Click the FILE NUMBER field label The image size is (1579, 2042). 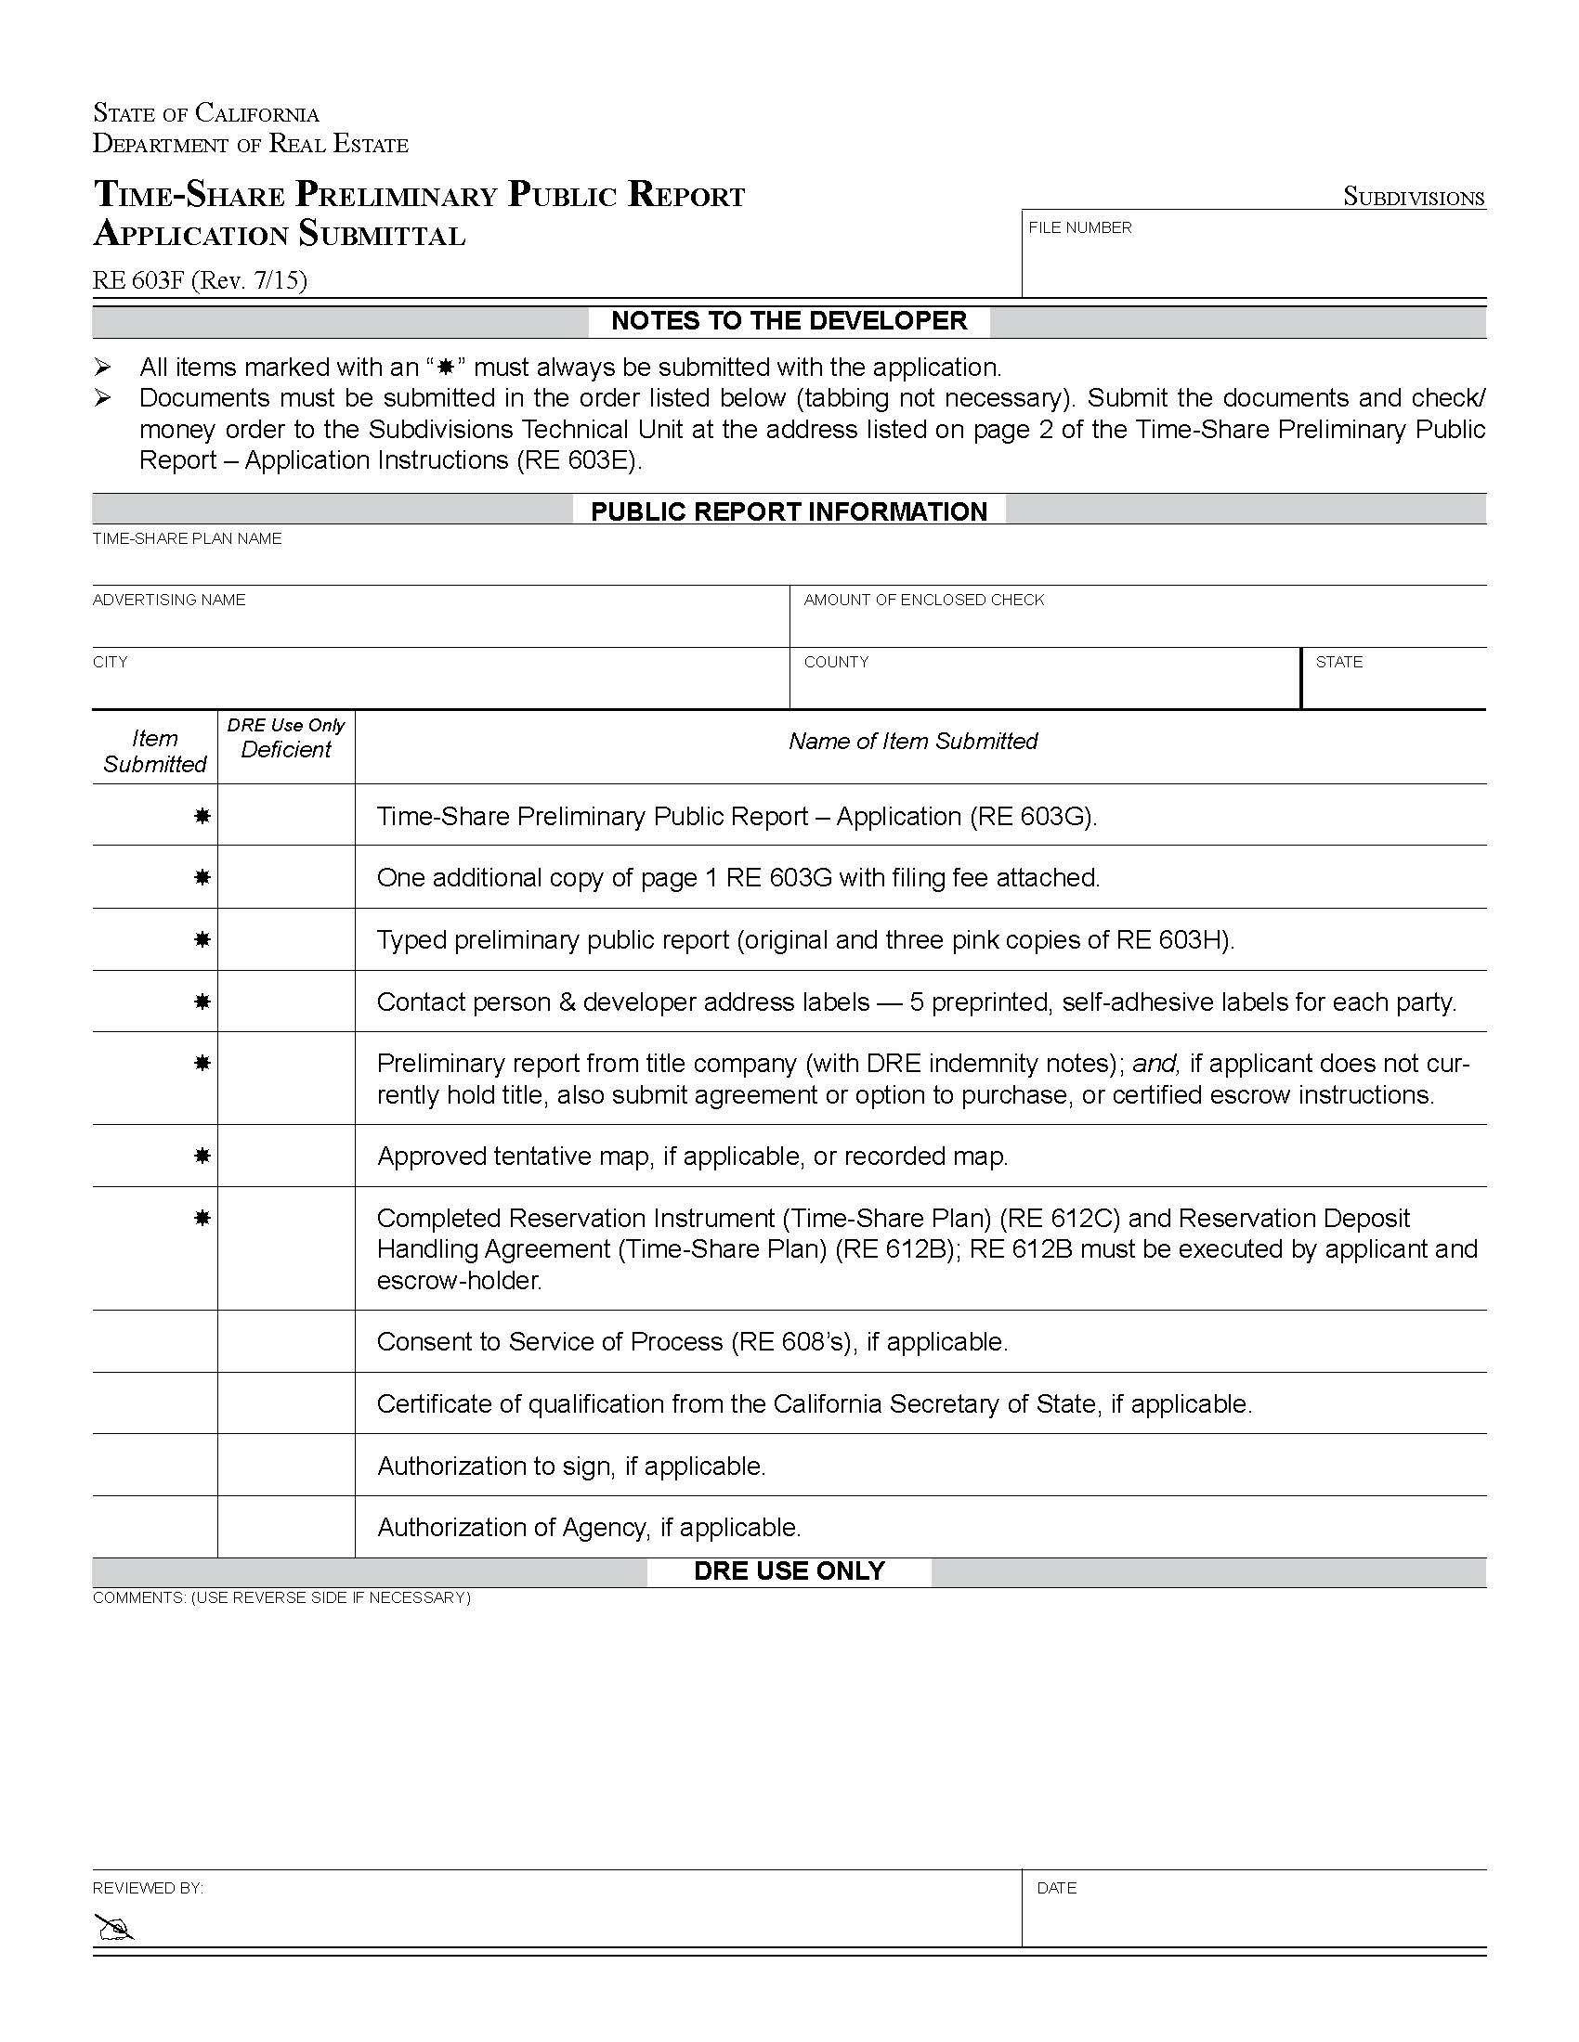coord(1079,227)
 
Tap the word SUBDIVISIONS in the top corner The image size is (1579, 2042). coord(1414,198)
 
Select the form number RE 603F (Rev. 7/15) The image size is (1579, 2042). coord(200,280)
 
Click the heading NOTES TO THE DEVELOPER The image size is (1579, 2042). coord(789,321)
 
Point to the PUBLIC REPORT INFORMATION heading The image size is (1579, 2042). coord(789,511)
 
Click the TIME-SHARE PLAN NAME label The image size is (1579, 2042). coord(187,538)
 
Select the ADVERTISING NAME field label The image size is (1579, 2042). coord(168,601)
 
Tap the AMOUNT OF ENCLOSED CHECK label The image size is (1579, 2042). coord(923,601)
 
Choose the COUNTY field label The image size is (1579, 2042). coord(836,662)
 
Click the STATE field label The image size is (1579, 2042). coord(1338,662)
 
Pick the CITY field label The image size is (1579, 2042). coord(110,662)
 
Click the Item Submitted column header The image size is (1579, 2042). coord(154,751)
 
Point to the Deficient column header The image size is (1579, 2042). coord(285,749)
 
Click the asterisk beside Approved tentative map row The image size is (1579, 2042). coord(202,1156)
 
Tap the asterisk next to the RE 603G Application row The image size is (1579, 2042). coord(202,816)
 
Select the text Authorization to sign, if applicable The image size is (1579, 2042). coord(570,1466)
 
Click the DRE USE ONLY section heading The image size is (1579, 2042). coord(789,1570)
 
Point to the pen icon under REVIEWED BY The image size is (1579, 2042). coord(114,1927)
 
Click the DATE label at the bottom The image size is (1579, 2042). coord(1056,1888)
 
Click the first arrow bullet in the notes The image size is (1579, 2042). coord(103,367)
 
